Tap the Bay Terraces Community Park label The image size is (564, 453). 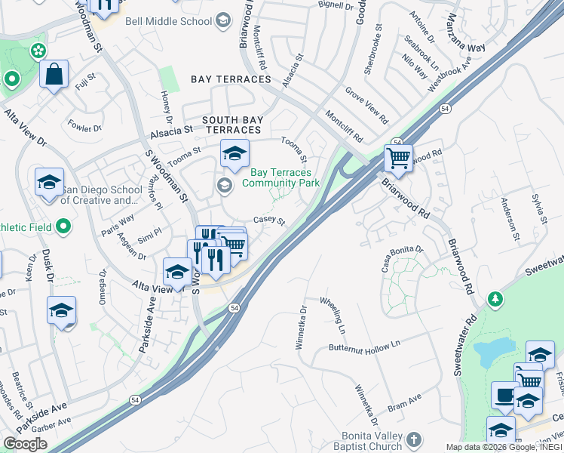[x=285, y=178]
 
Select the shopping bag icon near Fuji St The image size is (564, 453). [x=54, y=75]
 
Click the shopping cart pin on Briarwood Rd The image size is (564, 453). [x=398, y=159]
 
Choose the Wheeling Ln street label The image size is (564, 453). [x=332, y=316]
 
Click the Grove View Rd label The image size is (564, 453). [x=366, y=106]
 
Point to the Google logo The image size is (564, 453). [x=25, y=444]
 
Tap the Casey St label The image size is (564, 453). [x=269, y=220]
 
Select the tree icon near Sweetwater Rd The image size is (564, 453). [x=495, y=299]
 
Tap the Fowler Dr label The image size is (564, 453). [x=84, y=125]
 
